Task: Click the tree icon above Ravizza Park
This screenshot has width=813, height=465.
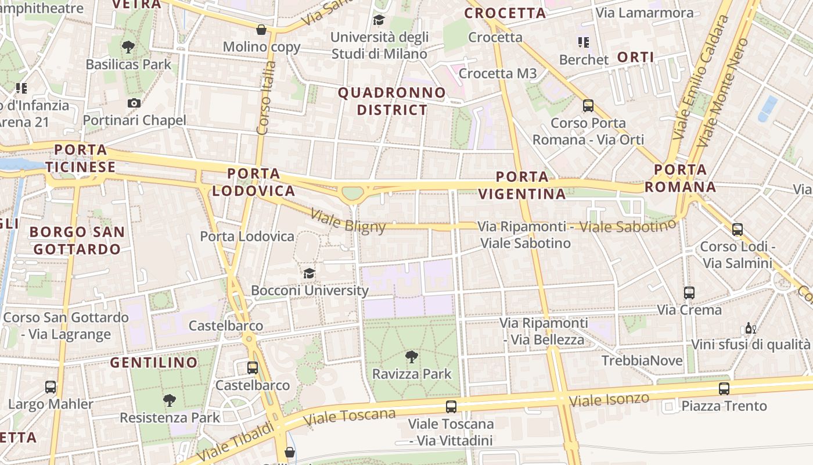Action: coord(412,356)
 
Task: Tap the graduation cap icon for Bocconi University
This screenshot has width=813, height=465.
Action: coord(309,273)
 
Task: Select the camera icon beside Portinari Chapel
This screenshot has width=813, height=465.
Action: coord(134,103)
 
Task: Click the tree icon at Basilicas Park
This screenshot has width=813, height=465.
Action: coord(128,47)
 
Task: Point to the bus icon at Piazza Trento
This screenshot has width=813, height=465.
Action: coord(724,389)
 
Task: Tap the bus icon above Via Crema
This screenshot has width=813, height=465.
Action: coord(689,293)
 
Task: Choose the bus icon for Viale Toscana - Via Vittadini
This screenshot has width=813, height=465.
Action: coord(451,407)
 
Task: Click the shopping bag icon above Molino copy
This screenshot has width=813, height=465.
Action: coord(261,30)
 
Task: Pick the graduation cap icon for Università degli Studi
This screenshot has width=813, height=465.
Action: coord(379,20)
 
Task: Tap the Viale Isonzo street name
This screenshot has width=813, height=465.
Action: coord(609,399)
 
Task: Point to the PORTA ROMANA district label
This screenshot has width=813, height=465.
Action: coord(681,178)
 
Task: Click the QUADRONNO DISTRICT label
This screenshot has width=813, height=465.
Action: coord(392,101)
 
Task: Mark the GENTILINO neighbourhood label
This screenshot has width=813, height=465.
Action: coord(154,363)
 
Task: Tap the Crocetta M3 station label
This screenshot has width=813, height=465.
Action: coord(498,73)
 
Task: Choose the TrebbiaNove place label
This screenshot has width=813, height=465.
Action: coord(642,360)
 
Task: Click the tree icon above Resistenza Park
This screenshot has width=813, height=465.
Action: coord(169,400)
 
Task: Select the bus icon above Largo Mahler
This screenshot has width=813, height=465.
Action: coord(51,387)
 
